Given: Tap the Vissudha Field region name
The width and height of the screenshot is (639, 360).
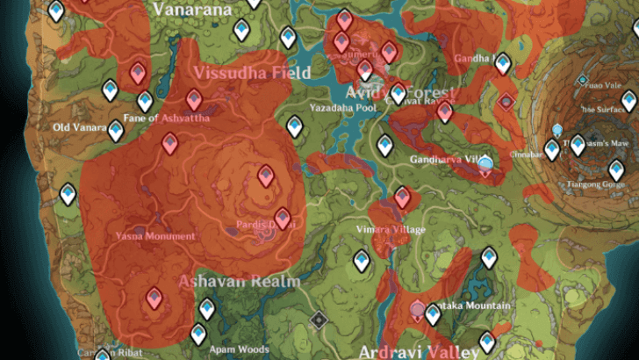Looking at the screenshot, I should coord(253,73).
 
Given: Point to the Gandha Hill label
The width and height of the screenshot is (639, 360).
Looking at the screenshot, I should coord(474,58).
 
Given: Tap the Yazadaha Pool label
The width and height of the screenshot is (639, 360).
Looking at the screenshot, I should coord(343,107).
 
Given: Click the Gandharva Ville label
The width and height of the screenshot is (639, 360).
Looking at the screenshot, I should coord(446,160).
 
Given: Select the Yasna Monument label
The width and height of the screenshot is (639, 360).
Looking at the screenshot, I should coord(154,236).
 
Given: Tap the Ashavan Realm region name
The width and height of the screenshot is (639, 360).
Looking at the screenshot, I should coord(239,282).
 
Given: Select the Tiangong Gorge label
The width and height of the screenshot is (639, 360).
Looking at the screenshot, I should coord(592,185).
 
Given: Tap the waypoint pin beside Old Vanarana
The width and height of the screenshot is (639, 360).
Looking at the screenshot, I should coord(115,131).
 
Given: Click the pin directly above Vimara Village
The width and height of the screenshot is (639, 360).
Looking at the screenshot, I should coord(402,197).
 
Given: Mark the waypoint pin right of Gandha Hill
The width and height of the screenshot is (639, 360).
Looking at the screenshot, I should coord(502,62).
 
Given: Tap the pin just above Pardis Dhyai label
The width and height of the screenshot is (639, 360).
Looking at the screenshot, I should coord(282,216).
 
